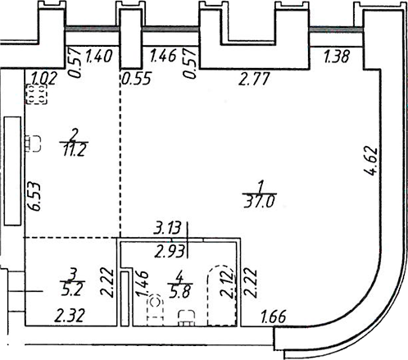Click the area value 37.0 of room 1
coord(260,203)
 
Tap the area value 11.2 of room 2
coord(75,150)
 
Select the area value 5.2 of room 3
coord(71,289)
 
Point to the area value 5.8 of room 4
coord(179,291)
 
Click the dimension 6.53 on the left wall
coord(35,197)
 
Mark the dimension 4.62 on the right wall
coord(371,162)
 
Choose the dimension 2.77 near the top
coord(254,79)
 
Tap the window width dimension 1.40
coord(98,57)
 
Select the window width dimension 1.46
coord(163,56)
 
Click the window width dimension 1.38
coord(337,57)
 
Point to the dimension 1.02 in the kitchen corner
coord(43,78)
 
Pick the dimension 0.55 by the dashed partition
coord(137,80)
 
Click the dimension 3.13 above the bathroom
coord(167,228)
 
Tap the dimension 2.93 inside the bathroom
coord(169,252)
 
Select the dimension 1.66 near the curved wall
coord(274,317)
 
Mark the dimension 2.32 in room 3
coord(70,315)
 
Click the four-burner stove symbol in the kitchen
coord(37,94)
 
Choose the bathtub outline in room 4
coord(221,295)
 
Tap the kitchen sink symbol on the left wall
coord(33,144)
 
